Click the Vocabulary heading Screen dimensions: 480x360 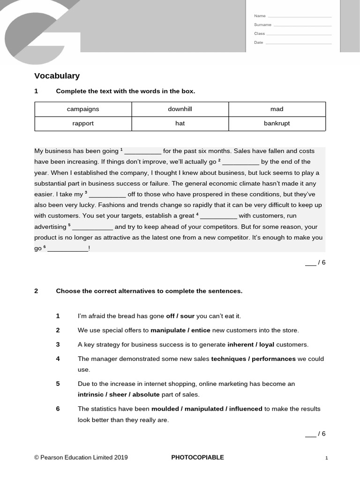pos(57,76)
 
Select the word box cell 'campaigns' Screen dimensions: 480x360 pos(83,109)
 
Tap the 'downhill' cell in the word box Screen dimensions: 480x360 pos(180,109)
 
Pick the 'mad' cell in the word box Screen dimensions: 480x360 pos(277,109)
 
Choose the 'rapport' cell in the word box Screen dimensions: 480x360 pos(83,124)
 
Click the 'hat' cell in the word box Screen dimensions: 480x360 pos(180,124)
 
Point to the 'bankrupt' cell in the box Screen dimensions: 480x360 pos(277,124)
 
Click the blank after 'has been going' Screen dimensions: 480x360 pos(142,152)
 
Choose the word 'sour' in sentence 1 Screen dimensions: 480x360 pos(187,316)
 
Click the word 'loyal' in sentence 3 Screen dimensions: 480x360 pos(267,345)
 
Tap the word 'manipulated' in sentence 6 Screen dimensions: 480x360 pos(204,409)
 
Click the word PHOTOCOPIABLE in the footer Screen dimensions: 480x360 pos(197,457)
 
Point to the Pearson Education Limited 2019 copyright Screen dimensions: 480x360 pos(81,457)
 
